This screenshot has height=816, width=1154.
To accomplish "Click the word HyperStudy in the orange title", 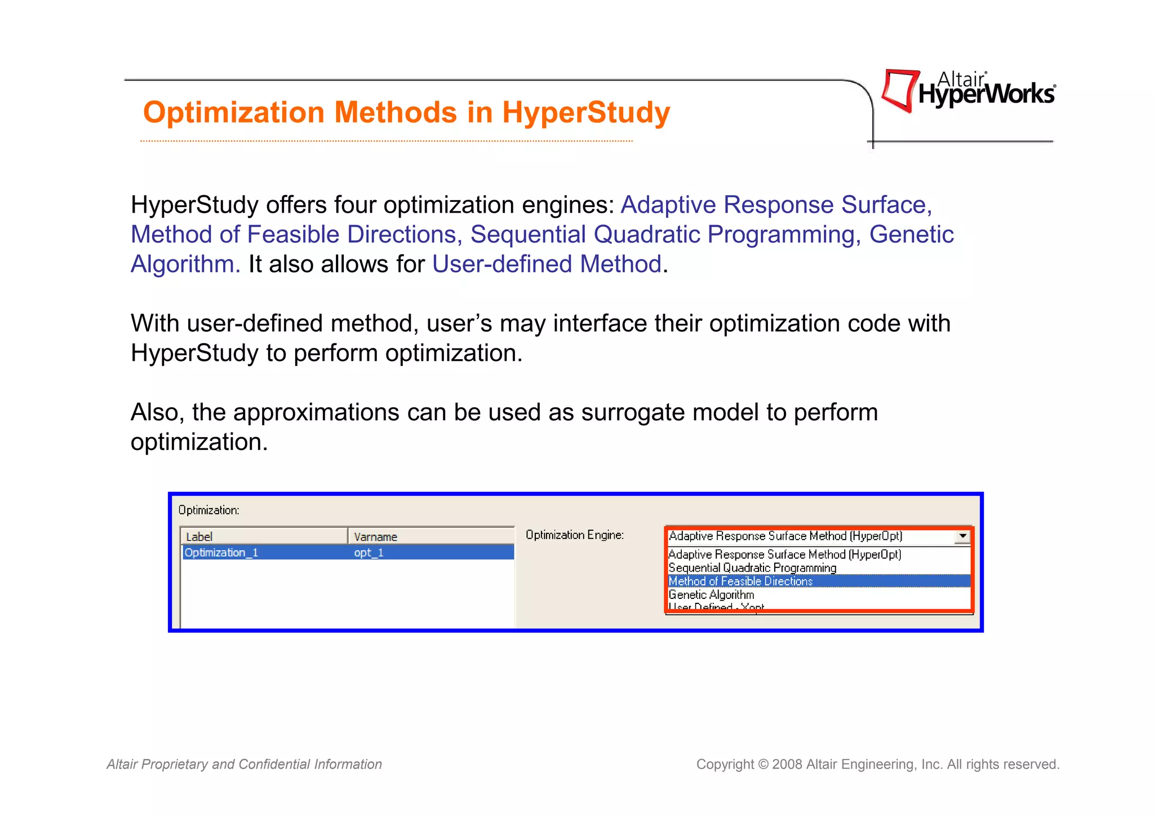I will [586, 113].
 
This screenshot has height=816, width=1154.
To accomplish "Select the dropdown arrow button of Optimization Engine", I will [962, 536].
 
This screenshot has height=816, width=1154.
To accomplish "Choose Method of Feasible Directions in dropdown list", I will [740, 581].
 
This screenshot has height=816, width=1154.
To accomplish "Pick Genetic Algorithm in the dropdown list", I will [711, 595].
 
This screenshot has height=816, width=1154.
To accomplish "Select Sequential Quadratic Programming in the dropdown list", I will [752, 568].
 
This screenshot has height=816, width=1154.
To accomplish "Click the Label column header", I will [199, 537].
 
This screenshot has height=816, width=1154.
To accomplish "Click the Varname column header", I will [376, 537].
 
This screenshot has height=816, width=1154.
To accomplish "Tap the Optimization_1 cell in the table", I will [221, 553].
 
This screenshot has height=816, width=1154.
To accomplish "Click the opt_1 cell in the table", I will [369, 553].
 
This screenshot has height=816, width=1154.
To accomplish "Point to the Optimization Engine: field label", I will [575, 535].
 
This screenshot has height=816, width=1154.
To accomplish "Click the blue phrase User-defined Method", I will [547, 264].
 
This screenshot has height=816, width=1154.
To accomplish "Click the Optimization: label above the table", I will [209, 510].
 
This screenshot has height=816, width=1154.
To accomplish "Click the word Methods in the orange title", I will [396, 113].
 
